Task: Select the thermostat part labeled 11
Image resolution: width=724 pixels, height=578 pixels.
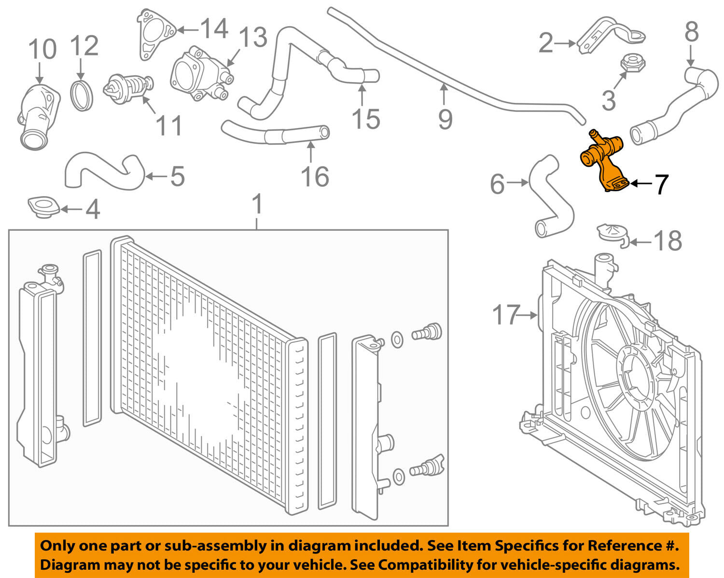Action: [127, 87]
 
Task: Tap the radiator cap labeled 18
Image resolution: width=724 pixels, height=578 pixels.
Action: [612, 233]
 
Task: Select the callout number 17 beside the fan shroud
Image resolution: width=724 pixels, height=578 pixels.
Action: [506, 315]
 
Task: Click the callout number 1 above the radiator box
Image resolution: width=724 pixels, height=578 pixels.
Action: [258, 204]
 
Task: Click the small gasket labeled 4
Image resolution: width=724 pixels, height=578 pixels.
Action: [43, 206]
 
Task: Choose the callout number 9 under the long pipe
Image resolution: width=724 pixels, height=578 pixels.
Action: [445, 119]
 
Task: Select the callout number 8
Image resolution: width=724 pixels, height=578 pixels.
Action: [691, 32]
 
